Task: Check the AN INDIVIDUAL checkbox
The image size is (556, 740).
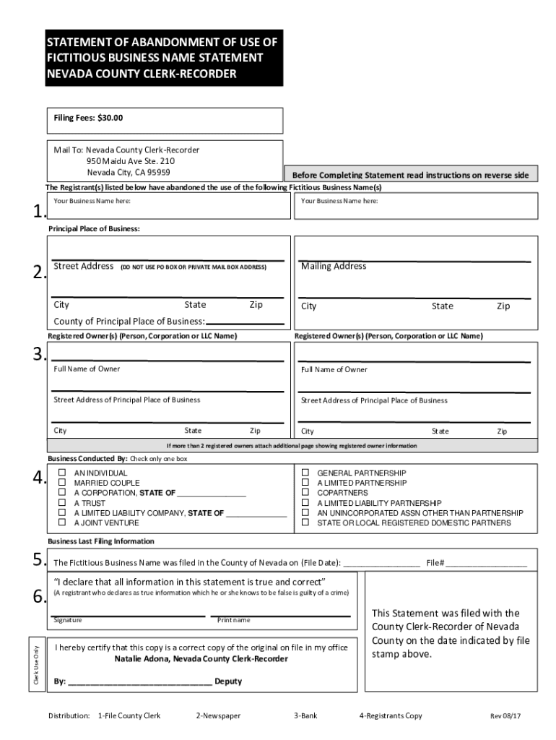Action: (62, 473)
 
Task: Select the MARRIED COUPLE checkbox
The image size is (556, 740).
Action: (62, 483)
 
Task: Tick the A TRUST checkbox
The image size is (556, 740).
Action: (62, 503)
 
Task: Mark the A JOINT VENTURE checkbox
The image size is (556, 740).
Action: (62, 522)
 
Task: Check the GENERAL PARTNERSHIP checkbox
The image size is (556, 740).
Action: (305, 473)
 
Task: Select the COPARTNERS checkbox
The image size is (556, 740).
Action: (305, 493)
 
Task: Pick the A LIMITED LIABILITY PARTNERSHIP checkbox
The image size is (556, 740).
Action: (305, 503)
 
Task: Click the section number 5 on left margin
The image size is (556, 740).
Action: (40, 561)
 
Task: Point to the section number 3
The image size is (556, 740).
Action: (40, 354)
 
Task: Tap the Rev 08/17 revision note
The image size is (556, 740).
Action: (505, 716)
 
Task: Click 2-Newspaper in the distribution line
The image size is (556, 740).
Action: (217, 716)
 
